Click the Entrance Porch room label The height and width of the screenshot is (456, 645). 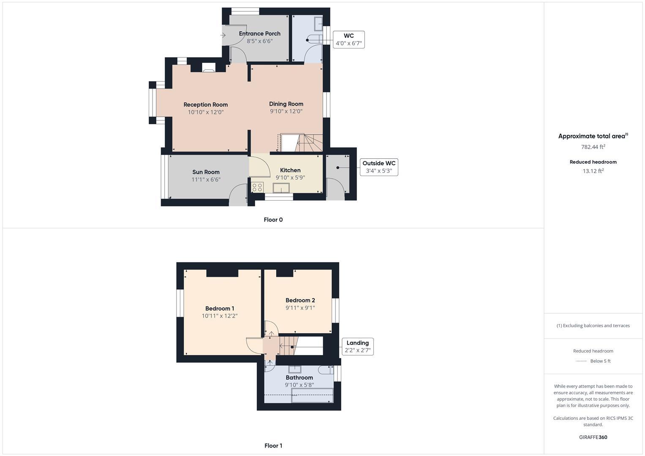[259, 34]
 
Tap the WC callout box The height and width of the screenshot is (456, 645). [348, 39]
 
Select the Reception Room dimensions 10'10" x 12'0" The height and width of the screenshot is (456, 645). [206, 112]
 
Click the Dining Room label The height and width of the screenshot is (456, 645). [286, 104]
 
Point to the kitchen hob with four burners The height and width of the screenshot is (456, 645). [257, 187]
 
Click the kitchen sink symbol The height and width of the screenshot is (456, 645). [280, 188]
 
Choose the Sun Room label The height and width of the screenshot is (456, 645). [206, 172]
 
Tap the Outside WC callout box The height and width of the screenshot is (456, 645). [378, 167]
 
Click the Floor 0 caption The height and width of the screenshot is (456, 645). [273, 220]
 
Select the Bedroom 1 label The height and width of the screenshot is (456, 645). [220, 309]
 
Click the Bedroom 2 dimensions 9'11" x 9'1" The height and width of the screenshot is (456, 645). [300, 308]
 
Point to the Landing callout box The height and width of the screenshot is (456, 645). [357, 347]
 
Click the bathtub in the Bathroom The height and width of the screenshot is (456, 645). [312, 396]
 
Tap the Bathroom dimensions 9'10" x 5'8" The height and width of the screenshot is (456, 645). [299, 385]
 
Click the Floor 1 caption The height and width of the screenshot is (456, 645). [273, 445]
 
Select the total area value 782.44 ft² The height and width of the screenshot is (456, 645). [593, 147]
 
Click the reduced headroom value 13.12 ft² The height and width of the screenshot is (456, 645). [593, 171]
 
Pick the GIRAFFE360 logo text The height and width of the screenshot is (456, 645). [593, 437]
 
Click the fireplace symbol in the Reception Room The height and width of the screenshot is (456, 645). [209, 68]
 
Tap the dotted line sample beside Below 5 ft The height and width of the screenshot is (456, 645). [581, 361]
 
